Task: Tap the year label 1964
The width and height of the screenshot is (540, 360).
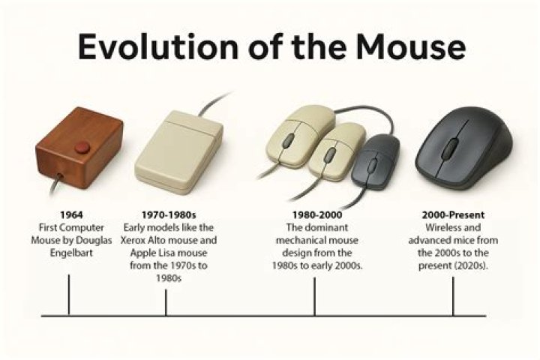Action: click(x=69, y=215)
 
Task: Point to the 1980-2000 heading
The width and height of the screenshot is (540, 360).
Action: click(x=314, y=215)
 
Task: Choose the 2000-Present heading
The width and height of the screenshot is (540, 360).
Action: click(x=452, y=215)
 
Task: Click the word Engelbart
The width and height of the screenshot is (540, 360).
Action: click(x=69, y=251)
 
